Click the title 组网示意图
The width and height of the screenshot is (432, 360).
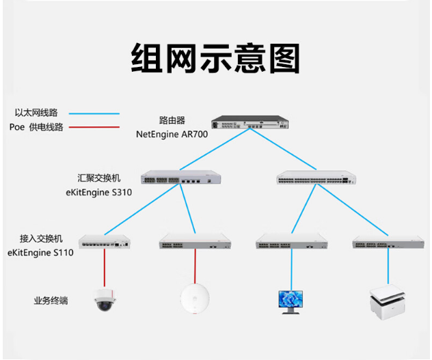click(215, 58)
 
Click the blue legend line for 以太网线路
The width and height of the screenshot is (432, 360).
click(94, 113)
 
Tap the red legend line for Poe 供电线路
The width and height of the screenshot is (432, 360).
click(94, 127)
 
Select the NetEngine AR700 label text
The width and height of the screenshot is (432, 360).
click(172, 134)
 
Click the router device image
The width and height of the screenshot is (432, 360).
click(250, 122)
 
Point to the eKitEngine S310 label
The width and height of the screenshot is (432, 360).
click(99, 192)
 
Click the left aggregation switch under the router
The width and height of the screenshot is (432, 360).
click(181, 177)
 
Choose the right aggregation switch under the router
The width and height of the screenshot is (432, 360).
click(316, 178)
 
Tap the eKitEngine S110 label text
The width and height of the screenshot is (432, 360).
click(40, 253)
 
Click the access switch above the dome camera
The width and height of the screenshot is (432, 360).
click(105, 242)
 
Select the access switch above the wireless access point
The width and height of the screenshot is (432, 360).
click(195, 241)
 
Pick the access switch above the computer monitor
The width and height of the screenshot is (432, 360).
click(292, 241)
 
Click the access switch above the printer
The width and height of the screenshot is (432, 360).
click(388, 242)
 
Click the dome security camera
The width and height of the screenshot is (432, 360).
click(105, 300)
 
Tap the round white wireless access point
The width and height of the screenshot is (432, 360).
click(195, 299)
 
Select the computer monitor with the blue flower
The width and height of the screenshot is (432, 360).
click(291, 302)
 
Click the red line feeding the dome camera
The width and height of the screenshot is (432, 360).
click(105, 268)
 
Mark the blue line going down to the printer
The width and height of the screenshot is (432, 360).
click(388, 266)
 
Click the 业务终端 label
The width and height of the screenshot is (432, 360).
click(51, 301)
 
